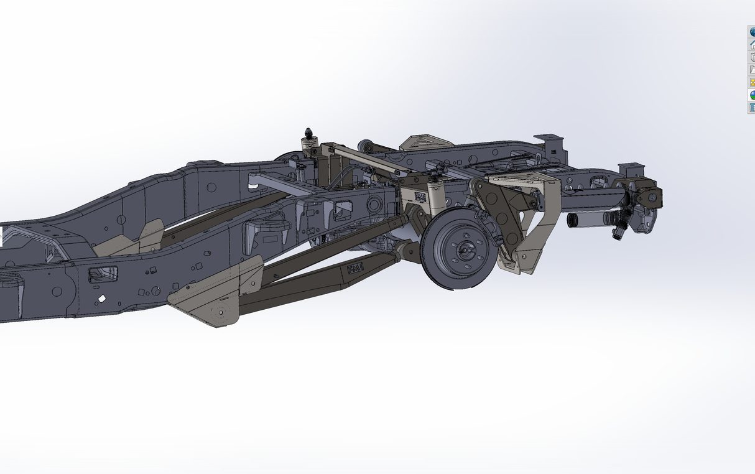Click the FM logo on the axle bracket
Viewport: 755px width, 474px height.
tap(420, 197)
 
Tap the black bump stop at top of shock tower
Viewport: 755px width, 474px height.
tap(308, 134)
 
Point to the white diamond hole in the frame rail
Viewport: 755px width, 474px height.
tap(101, 299)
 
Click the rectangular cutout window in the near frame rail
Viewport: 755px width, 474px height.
tap(103, 274)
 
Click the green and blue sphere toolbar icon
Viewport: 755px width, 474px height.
tap(752, 95)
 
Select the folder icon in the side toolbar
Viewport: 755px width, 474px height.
tap(752, 70)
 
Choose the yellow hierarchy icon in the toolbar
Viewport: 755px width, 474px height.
tap(752, 82)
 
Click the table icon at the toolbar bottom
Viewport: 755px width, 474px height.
tap(752, 108)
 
